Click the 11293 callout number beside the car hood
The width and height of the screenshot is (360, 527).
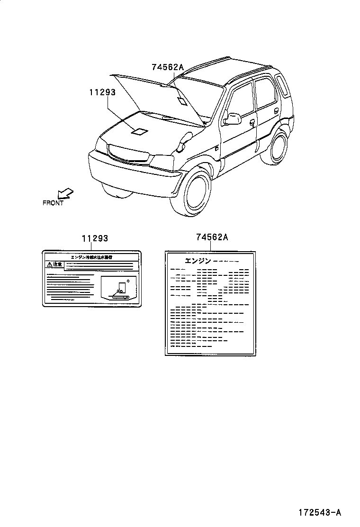(102, 92)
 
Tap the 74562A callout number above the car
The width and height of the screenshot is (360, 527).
(167, 67)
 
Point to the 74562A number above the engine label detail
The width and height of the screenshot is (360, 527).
(212, 237)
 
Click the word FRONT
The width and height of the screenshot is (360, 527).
(53, 203)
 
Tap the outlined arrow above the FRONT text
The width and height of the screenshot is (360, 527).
(65, 193)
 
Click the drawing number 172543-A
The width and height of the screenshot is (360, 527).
(320, 512)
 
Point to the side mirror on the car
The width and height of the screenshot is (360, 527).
(232, 118)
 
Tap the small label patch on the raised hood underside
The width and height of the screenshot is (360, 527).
(182, 100)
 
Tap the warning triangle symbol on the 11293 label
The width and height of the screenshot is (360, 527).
(49, 264)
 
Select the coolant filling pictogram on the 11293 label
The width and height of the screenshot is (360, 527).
(120, 289)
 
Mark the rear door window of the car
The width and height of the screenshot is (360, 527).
(264, 94)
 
